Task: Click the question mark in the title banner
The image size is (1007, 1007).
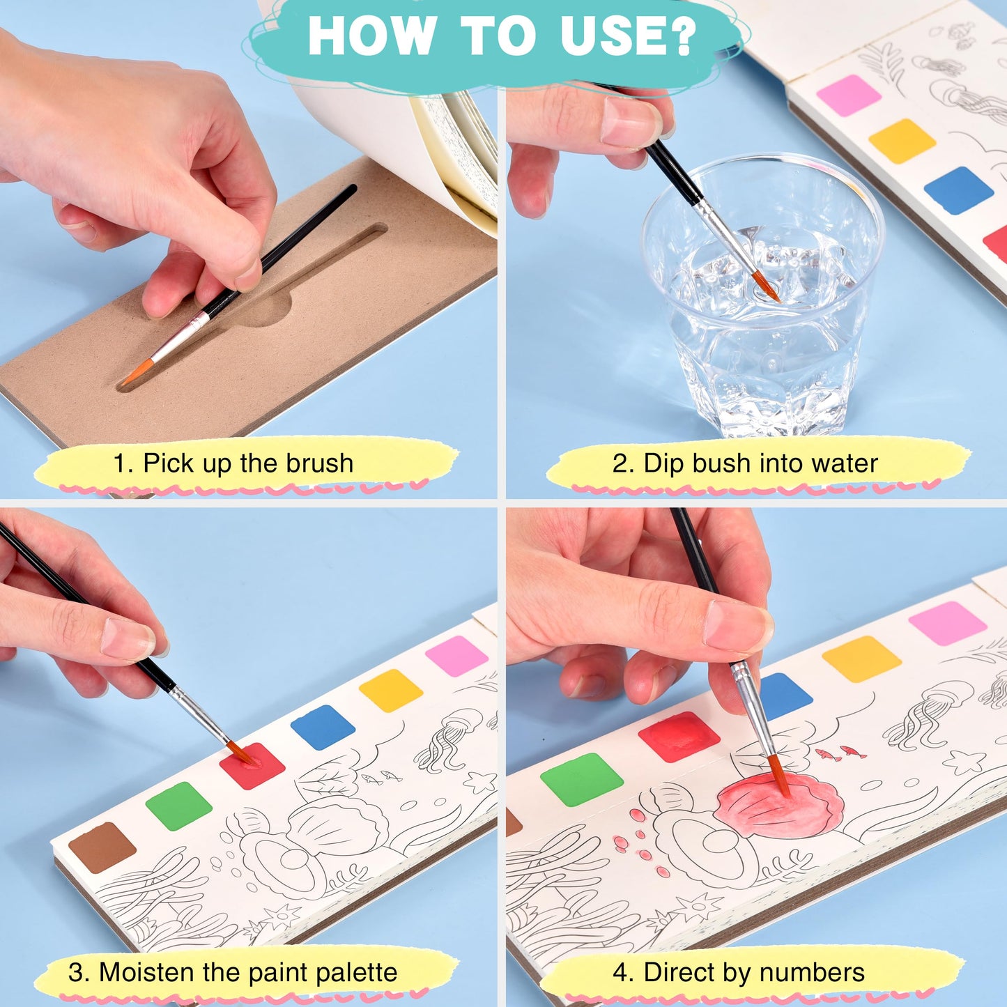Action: click(x=680, y=36)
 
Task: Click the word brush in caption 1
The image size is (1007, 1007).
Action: click(x=320, y=463)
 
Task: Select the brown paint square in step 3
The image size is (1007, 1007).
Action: click(x=102, y=847)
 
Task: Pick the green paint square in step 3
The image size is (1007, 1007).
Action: click(x=178, y=806)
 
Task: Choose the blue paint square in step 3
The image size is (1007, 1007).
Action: click(x=323, y=727)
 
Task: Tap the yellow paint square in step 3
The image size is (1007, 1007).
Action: click(x=391, y=690)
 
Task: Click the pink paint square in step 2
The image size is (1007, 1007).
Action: click(x=849, y=95)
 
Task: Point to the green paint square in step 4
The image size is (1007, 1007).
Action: click(x=582, y=779)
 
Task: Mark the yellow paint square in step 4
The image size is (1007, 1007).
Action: click(x=862, y=659)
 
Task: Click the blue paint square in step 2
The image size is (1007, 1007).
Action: click(x=958, y=190)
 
